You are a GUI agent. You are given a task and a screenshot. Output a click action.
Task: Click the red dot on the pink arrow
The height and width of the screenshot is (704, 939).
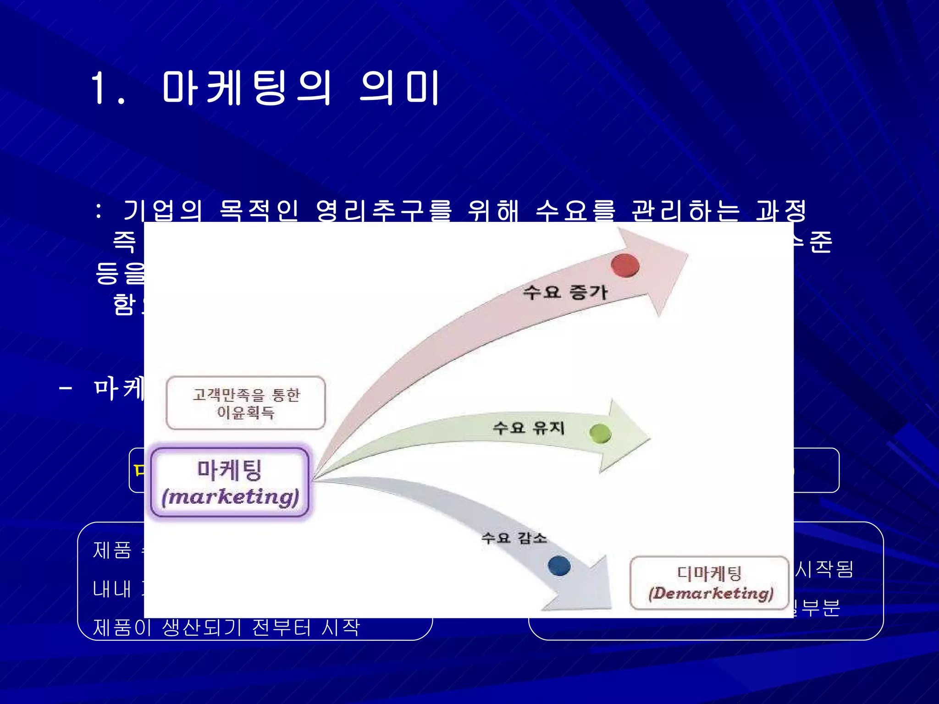[x=625, y=265]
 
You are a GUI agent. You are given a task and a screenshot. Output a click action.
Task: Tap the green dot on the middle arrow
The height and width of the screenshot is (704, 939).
[x=600, y=433]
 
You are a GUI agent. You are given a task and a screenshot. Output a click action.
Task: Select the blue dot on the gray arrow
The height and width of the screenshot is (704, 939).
[x=559, y=566]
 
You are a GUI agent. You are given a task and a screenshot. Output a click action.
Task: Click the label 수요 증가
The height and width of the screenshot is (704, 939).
[x=565, y=292]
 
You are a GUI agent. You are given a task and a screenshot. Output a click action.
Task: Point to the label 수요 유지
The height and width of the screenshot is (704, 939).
[x=528, y=428]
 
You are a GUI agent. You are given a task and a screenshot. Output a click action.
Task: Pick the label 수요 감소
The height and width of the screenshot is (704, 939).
[x=514, y=537]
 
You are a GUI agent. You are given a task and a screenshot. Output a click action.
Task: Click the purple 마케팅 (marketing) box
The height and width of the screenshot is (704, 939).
[x=230, y=482]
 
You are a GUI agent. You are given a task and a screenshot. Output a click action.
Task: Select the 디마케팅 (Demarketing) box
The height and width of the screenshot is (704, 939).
[x=710, y=583]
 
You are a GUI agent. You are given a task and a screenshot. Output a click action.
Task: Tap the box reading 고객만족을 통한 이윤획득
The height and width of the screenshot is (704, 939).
[x=246, y=403]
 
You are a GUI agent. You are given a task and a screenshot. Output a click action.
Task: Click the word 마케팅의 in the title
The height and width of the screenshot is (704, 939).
[x=246, y=88]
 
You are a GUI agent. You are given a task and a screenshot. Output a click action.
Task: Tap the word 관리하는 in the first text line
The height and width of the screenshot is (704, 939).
[x=685, y=211]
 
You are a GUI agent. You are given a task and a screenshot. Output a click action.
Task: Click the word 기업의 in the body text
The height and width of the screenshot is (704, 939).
[x=163, y=211]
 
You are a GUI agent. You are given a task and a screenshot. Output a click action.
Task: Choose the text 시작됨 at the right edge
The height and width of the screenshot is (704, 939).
[x=824, y=569]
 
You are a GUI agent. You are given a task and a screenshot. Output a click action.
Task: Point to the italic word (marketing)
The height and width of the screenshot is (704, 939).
[x=231, y=497]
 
